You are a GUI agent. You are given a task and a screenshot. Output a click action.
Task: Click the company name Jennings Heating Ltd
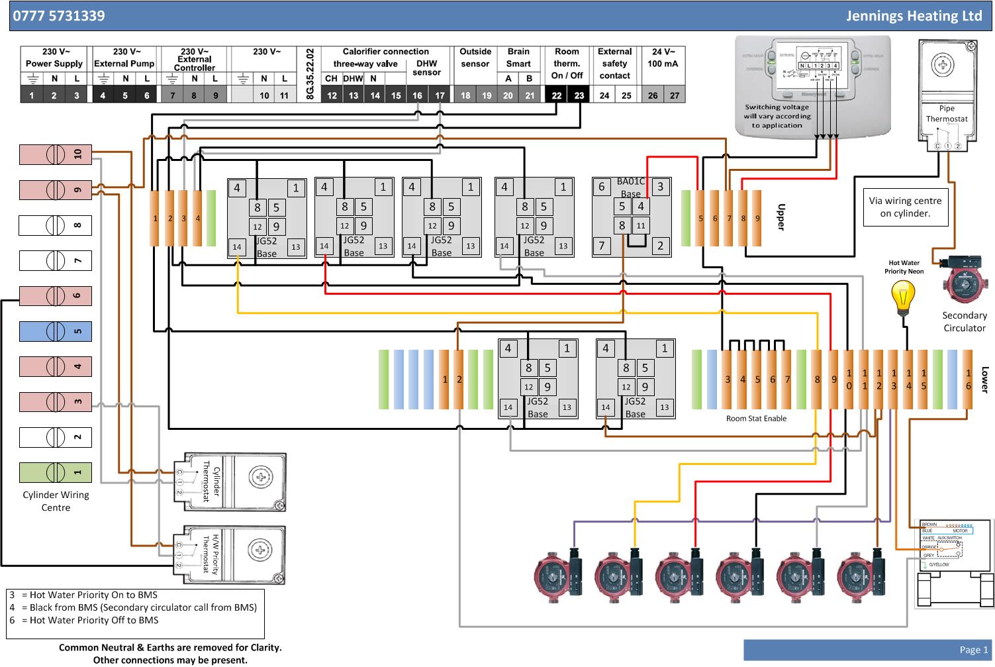[x=913, y=16]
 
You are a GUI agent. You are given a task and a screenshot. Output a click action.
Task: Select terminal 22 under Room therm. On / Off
[x=557, y=95]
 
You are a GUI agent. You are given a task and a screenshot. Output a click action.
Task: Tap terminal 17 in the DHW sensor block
[x=440, y=95]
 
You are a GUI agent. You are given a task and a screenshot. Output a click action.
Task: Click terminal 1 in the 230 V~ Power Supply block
[x=32, y=95]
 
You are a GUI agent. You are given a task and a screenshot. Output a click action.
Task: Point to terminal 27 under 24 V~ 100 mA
[x=674, y=95]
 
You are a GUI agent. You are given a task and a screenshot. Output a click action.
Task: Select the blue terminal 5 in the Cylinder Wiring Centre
[x=56, y=331]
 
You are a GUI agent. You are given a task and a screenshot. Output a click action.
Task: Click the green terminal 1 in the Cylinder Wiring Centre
[x=56, y=472]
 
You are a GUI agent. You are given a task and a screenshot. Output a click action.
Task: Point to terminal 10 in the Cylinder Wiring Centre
[x=56, y=154]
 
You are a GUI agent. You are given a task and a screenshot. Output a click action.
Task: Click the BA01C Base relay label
[x=630, y=187]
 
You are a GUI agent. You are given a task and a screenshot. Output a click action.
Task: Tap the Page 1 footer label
[x=973, y=650]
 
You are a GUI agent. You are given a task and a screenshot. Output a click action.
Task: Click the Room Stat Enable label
[x=756, y=419]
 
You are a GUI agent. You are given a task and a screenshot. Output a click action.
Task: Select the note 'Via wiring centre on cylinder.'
[x=905, y=207]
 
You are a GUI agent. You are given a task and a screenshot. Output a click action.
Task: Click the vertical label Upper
[x=781, y=217]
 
